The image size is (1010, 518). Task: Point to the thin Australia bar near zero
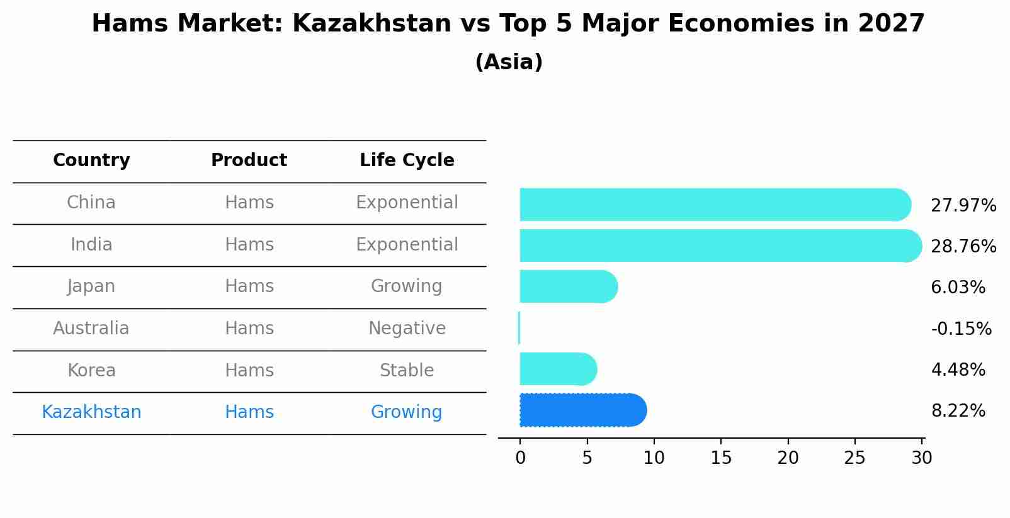pyautogui.click(x=519, y=328)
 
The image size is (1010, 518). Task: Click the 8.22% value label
pyautogui.click(x=958, y=411)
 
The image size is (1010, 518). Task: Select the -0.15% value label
pyautogui.click(x=961, y=329)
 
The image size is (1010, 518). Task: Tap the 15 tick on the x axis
pyautogui.click(x=721, y=458)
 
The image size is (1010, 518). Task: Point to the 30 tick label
pyautogui.click(x=921, y=458)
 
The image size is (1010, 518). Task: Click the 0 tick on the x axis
pyautogui.click(x=520, y=458)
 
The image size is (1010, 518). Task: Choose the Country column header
pyautogui.click(x=91, y=160)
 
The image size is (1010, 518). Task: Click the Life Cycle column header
pyautogui.click(x=407, y=160)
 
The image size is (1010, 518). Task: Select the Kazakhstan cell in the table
pyautogui.click(x=91, y=412)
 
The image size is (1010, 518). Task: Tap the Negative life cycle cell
pyautogui.click(x=407, y=329)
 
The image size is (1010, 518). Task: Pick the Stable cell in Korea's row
pyautogui.click(x=407, y=371)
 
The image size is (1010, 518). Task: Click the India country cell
pyautogui.click(x=91, y=245)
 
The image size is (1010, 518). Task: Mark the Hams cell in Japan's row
pyautogui.click(x=249, y=286)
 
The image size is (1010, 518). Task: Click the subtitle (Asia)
pyautogui.click(x=509, y=62)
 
